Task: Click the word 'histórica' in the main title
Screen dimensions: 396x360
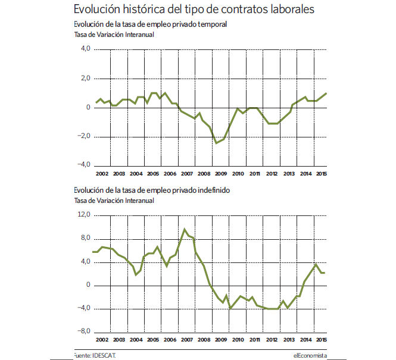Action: tap(144, 9)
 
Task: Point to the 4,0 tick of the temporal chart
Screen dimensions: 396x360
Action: tap(85, 48)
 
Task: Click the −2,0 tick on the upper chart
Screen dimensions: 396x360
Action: tap(84, 136)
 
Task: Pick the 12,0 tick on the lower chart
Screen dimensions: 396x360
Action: tap(84, 214)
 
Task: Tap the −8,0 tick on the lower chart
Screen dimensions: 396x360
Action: tap(84, 331)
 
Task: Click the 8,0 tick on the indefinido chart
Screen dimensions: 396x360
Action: tap(85, 237)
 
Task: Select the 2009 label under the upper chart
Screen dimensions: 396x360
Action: tap(221, 174)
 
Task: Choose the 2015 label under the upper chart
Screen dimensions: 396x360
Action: tap(322, 174)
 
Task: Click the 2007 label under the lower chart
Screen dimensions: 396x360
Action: tap(187, 340)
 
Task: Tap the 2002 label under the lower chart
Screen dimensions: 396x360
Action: tap(102, 340)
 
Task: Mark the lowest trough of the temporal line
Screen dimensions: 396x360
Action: tap(216, 143)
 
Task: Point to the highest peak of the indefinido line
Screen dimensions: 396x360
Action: tap(185, 229)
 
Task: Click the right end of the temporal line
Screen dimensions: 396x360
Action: tap(326, 93)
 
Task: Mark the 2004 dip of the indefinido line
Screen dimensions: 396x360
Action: tap(136, 274)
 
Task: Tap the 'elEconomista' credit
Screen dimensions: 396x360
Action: tap(310, 355)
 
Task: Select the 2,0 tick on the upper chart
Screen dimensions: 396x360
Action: tap(85, 78)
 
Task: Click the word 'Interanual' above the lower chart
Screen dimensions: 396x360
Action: tap(139, 201)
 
